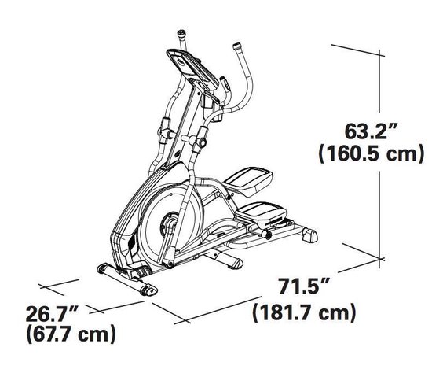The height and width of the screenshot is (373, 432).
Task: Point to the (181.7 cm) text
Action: (x=298, y=314)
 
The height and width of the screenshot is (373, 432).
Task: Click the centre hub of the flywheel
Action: (x=168, y=223)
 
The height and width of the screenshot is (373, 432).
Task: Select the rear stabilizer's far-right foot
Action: (x=309, y=234)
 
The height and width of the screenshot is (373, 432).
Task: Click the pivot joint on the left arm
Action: (x=167, y=126)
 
